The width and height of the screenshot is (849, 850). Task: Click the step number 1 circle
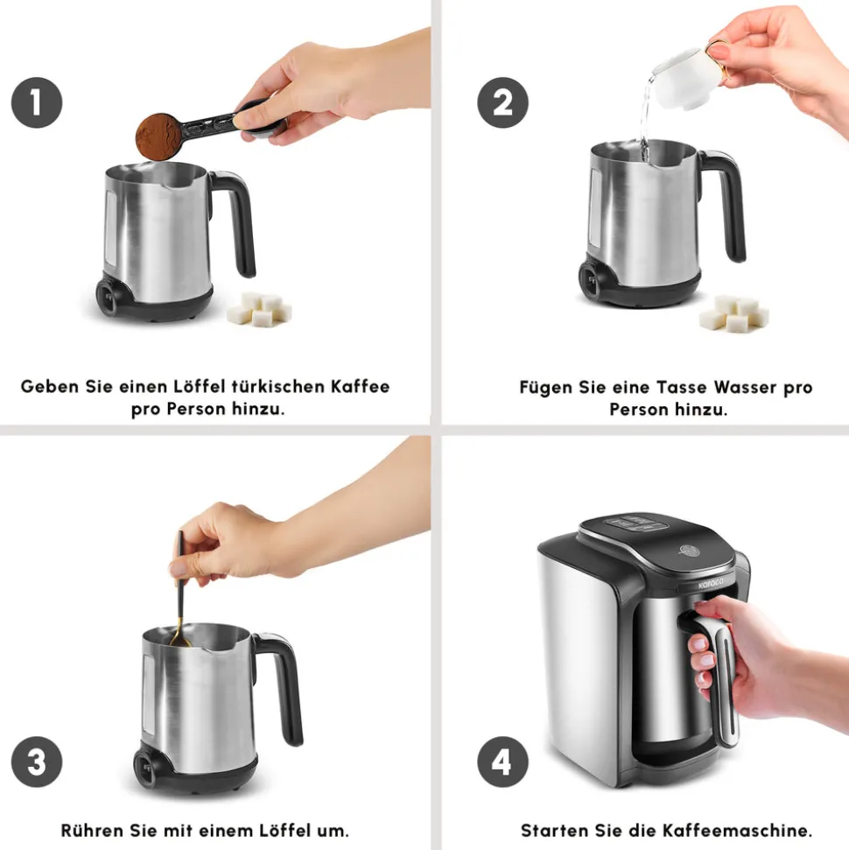[x=37, y=102]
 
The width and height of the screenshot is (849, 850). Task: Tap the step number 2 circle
[x=502, y=102]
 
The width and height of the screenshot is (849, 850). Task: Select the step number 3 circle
[x=37, y=762]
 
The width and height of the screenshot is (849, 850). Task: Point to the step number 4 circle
[x=502, y=762]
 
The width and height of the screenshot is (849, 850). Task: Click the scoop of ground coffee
[x=158, y=137]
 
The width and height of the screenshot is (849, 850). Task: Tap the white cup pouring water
[x=687, y=76]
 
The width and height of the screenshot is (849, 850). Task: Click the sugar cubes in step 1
[x=260, y=309]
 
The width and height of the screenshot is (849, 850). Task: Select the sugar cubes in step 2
[x=733, y=313]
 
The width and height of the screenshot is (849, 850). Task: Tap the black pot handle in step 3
[x=281, y=685]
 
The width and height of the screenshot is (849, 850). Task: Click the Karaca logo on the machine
[x=710, y=583]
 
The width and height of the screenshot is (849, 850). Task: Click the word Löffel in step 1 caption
[x=199, y=387]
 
